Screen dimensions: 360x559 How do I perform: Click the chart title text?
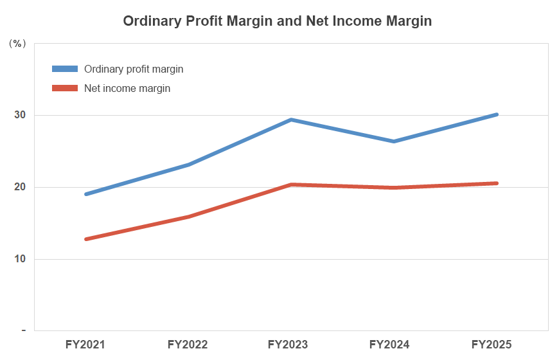[277, 21]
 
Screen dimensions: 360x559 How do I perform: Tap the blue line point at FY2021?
[85, 194]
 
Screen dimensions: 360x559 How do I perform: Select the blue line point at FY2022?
[188, 165]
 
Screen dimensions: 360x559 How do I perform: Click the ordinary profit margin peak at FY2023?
[290, 120]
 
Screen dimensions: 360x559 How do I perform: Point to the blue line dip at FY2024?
[393, 141]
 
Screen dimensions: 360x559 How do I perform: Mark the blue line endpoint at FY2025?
[496, 114]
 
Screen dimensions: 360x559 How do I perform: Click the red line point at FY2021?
[85, 239]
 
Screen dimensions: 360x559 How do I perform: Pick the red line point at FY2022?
[188, 217]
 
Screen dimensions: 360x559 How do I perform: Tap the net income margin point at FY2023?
[290, 184]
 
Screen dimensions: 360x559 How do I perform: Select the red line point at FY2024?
[393, 188]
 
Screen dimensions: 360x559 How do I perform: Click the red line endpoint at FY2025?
[496, 183]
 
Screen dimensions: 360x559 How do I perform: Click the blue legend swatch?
[64, 69]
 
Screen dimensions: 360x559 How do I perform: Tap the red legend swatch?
[64, 88]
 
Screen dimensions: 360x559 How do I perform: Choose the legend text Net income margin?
[127, 88]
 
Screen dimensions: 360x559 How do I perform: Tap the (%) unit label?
[17, 44]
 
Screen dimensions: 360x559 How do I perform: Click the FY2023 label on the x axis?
[290, 345]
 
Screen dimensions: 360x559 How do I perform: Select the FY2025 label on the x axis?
[492, 345]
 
